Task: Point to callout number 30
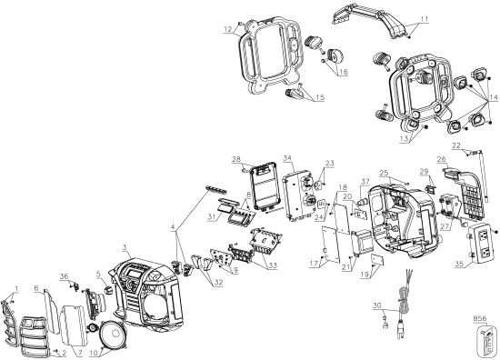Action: pyautogui.click(x=375, y=307)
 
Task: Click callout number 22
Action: pyautogui.click(x=457, y=146)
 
